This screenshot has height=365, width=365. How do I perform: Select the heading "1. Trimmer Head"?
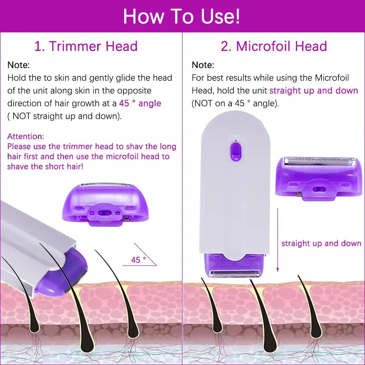(86, 46)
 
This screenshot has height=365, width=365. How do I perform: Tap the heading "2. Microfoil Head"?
(274, 46)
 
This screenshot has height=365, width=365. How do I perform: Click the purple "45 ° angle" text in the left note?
(140, 103)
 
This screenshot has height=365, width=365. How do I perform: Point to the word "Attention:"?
(26, 136)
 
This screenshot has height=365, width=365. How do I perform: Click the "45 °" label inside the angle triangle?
(138, 260)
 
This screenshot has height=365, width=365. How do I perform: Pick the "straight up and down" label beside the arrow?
(321, 243)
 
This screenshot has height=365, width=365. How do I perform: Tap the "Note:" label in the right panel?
(203, 65)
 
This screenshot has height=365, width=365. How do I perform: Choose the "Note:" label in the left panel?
(19, 65)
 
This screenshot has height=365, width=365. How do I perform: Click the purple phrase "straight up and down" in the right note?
(313, 90)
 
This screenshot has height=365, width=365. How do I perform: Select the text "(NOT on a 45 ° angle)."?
(235, 103)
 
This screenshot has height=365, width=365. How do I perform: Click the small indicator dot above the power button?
(235, 140)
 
